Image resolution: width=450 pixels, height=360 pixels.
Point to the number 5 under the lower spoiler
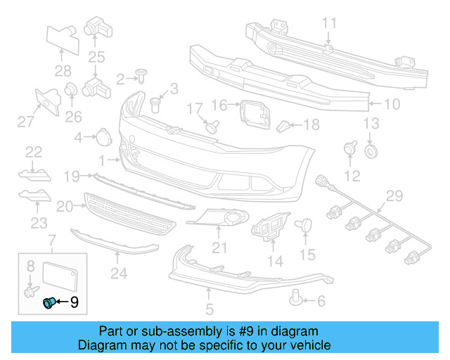point(209,308)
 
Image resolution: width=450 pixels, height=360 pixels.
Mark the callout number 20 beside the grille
point(65,206)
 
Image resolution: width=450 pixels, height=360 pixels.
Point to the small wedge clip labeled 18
point(283,127)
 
